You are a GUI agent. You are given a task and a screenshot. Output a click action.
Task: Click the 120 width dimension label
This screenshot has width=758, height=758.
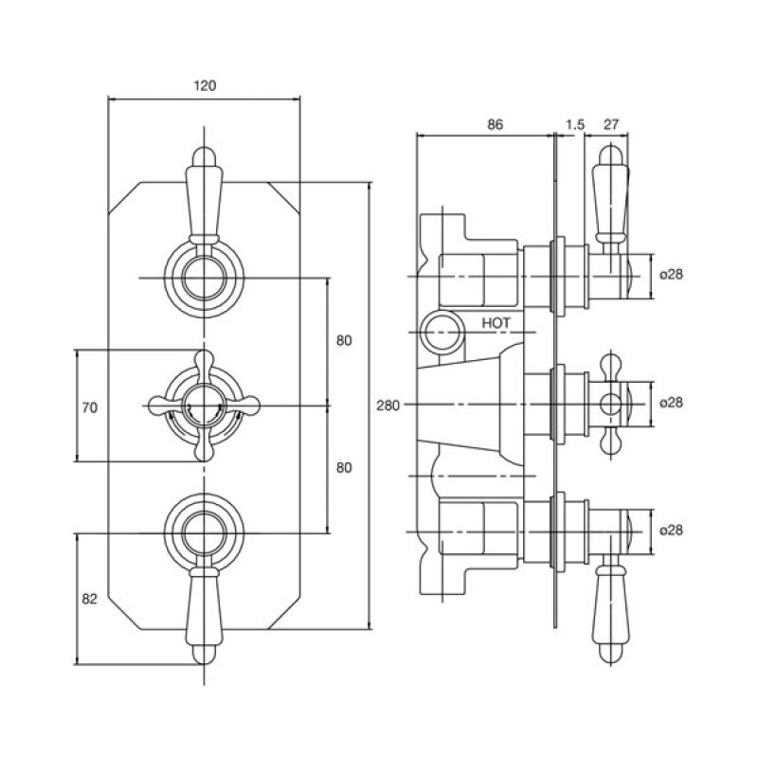205,86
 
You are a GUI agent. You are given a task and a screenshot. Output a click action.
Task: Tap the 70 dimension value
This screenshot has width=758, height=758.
89,408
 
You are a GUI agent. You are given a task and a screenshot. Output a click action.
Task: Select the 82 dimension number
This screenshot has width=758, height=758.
89,599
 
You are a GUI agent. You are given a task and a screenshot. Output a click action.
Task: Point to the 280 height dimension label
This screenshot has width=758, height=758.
388,406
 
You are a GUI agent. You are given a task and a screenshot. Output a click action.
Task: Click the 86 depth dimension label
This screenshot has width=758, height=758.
495,125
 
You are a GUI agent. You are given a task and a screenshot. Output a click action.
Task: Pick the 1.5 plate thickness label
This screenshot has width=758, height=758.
575,125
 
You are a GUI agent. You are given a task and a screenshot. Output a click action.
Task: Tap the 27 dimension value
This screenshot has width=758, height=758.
611,124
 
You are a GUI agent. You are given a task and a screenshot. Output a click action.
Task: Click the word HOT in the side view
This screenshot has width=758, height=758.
496,322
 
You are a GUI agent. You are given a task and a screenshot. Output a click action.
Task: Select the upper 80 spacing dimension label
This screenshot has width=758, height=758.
344,341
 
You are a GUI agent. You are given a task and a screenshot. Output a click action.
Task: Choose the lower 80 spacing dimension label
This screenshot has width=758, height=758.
344,468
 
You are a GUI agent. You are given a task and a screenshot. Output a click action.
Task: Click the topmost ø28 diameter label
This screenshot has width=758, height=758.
672,274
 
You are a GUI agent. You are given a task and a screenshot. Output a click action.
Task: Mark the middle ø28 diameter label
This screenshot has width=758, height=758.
672,402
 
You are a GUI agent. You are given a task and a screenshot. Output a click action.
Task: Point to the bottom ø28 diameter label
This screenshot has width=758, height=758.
672,531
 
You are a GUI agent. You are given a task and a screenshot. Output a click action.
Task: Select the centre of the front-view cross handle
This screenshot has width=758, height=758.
204,406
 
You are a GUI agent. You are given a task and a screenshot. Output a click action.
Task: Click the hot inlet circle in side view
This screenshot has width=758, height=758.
442,333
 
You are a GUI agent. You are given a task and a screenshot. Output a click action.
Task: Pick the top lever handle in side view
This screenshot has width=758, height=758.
611,196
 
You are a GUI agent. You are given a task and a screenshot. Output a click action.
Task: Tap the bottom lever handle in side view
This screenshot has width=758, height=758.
611,615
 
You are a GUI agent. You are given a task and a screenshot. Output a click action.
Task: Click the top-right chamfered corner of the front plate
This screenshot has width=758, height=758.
284,196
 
